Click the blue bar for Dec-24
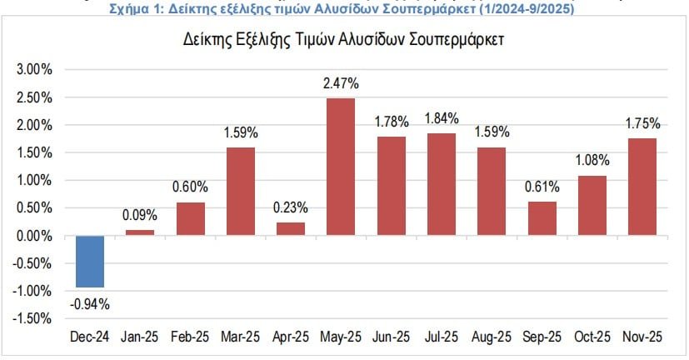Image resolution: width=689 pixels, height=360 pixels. pyautogui.click(x=90, y=261)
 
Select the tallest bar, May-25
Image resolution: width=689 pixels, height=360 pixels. pyautogui.click(x=341, y=167)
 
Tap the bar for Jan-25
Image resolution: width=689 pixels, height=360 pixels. pyautogui.click(x=140, y=232)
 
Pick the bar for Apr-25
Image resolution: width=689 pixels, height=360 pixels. pyautogui.click(x=291, y=228)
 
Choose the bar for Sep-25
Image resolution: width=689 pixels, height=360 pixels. pyautogui.click(x=542, y=218)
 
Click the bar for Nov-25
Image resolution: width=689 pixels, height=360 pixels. pyautogui.click(x=642, y=187)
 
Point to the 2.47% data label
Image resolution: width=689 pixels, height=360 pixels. pyautogui.click(x=341, y=83)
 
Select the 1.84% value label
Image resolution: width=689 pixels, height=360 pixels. pyautogui.click(x=442, y=118)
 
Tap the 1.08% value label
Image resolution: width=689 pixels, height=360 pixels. pyautogui.click(x=592, y=160)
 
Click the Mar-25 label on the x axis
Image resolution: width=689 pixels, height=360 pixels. pyautogui.click(x=240, y=337)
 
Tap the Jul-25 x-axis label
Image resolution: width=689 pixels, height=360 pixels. pyautogui.click(x=441, y=337)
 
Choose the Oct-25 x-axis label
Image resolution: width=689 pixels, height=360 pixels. pyautogui.click(x=592, y=337)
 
